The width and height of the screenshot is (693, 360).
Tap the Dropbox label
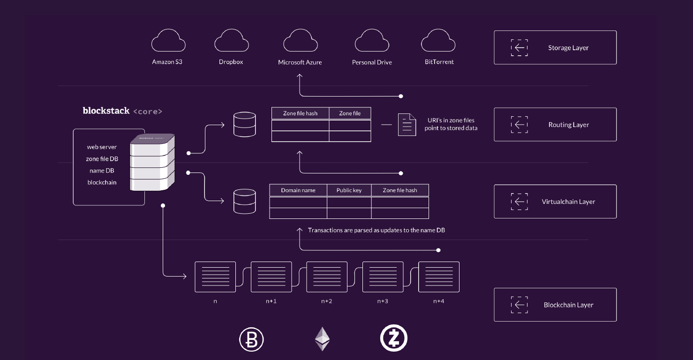click(231, 62)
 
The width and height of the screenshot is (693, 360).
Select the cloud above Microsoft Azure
click(300, 41)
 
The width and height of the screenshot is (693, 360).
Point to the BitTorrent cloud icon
click(438, 41)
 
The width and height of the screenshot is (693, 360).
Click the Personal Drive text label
click(372, 62)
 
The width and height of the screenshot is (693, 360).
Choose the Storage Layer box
click(555, 47)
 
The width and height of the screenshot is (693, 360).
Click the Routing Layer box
click(555, 125)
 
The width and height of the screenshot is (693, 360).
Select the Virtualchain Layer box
click(555, 202)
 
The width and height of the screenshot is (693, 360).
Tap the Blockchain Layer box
click(555, 305)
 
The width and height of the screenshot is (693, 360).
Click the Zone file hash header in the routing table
click(300, 113)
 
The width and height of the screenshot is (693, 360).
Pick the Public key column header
click(349, 190)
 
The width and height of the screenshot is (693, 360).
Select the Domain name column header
click(298, 190)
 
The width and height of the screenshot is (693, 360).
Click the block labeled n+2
click(327, 277)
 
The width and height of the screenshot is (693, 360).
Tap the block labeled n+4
click(438, 277)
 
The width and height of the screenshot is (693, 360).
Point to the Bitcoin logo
click(252, 339)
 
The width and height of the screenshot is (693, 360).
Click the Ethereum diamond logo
click(322, 339)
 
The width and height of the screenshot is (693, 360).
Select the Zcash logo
click(393, 338)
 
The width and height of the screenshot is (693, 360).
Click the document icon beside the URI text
click(407, 125)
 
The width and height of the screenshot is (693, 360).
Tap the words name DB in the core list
click(102, 171)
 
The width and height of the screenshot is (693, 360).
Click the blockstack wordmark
click(106, 111)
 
